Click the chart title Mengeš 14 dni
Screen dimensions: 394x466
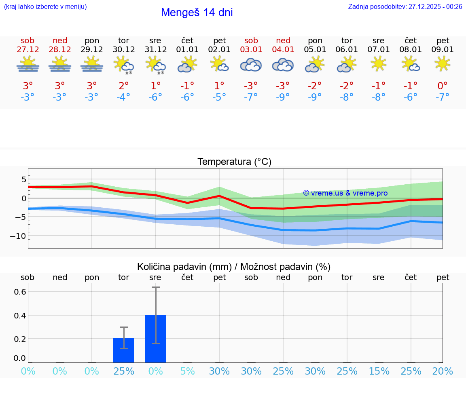tap(197, 13)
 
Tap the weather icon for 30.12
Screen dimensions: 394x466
tap(124, 65)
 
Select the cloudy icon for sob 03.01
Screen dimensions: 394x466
tap(251, 65)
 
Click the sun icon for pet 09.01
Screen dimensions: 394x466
tap(443, 63)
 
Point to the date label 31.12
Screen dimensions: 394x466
tap(155, 50)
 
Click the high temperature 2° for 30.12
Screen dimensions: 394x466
tap(124, 86)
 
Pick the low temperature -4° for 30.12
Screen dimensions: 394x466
tap(124, 97)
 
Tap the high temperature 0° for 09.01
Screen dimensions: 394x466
tap(443, 86)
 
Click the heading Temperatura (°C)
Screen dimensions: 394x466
tap(234, 162)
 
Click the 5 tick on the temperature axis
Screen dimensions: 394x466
tap(24, 179)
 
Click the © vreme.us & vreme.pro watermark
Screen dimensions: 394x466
tap(345, 193)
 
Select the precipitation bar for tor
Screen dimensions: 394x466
tap(124, 350)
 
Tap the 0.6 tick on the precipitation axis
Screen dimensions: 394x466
tap(21, 292)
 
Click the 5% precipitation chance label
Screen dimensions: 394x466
tap(187, 371)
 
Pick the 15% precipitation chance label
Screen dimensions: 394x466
tap(379, 371)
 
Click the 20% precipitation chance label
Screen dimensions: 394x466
tap(443, 371)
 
